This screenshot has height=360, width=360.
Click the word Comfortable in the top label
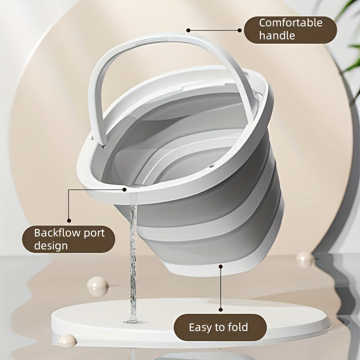click(x=290, y=22)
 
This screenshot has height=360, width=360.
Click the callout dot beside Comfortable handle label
click(x=189, y=31)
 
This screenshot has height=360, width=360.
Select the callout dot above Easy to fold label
click(x=220, y=309)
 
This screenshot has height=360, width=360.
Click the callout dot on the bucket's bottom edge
click(x=220, y=267)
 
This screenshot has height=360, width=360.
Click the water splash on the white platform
click(x=132, y=320)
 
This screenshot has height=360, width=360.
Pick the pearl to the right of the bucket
click(x=304, y=259)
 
